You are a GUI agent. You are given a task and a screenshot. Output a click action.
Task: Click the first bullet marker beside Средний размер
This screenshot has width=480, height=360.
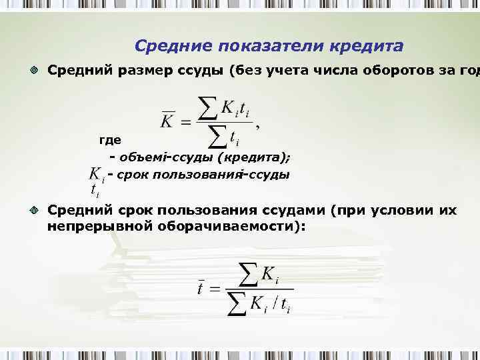(x=34, y=70)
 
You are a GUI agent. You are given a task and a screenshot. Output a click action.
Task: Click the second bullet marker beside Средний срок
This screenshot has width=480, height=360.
(x=34, y=211)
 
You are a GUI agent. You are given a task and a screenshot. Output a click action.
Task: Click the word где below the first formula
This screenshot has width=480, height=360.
(x=109, y=141)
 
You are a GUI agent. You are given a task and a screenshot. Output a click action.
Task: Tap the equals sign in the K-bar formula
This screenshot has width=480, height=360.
(x=186, y=122)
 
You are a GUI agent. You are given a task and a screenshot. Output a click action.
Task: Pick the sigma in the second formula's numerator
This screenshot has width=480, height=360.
(x=247, y=272)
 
